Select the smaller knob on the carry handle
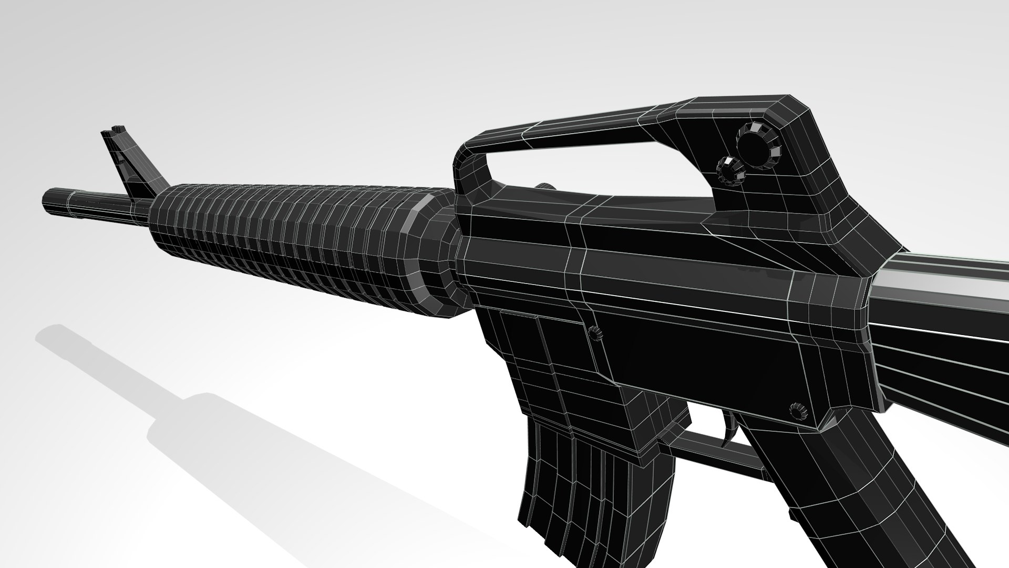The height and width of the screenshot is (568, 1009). (730, 169)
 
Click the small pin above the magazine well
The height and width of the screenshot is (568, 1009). (595, 333)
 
